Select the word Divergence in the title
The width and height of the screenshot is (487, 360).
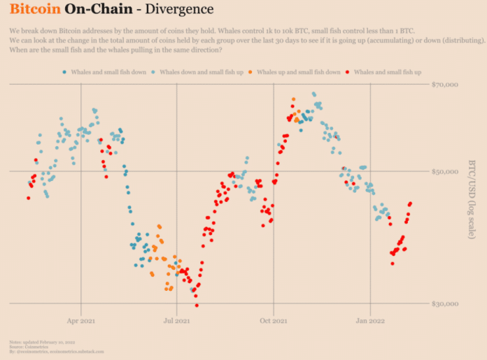point(175,11)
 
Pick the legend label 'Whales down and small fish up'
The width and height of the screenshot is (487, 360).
point(201,72)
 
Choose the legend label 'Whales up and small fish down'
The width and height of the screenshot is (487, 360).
point(299,72)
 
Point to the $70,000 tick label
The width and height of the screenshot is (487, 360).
point(446,85)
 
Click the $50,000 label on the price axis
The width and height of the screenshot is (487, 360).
point(446,171)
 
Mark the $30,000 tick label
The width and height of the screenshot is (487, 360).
point(446,303)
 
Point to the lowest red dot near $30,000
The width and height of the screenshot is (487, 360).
point(197,305)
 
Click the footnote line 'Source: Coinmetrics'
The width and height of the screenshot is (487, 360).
point(28,345)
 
